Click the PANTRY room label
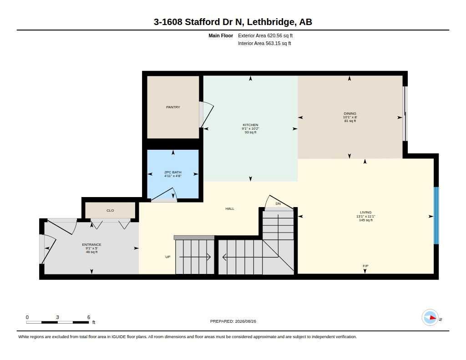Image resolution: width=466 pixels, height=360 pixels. [173, 107]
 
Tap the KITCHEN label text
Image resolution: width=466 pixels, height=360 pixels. [251, 125]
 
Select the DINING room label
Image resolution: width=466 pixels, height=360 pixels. [350, 113]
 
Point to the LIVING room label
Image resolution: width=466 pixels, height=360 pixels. [365, 212]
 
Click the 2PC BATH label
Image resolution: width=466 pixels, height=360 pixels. [172, 172]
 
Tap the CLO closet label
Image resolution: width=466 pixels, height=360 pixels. [110, 210]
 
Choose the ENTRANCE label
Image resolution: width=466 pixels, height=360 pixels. [91, 245]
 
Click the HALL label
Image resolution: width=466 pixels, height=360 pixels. [230, 209]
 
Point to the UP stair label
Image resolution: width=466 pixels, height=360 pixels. [168, 257]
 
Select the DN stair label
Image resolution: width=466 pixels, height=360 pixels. [278, 203]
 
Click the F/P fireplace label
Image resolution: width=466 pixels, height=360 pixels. [365, 266]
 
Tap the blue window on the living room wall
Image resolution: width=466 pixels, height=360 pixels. [436, 216]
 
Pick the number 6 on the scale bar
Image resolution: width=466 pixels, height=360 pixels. [89, 317]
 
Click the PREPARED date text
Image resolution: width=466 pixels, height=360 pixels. [233, 321]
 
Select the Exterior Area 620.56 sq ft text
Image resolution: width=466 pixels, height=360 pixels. [265, 35]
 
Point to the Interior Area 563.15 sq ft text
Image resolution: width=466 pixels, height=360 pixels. [264, 43]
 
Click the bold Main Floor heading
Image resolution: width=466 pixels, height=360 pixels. [221, 35]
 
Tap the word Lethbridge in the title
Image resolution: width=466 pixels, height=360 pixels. [271, 22]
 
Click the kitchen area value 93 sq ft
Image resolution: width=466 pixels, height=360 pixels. [251, 132]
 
